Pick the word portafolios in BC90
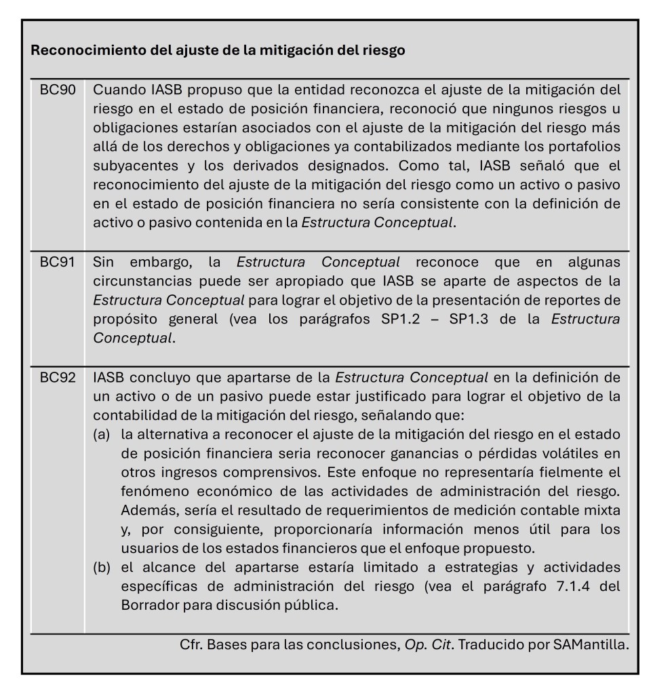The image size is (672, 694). (x=585, y=147)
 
